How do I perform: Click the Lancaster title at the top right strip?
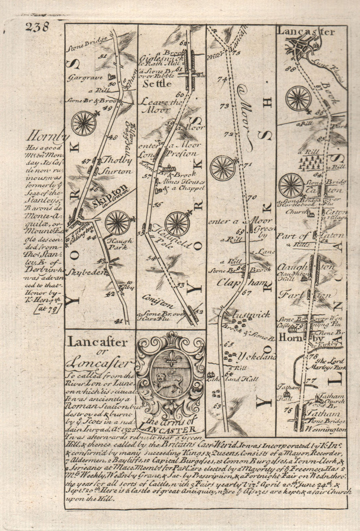(306, 32)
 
